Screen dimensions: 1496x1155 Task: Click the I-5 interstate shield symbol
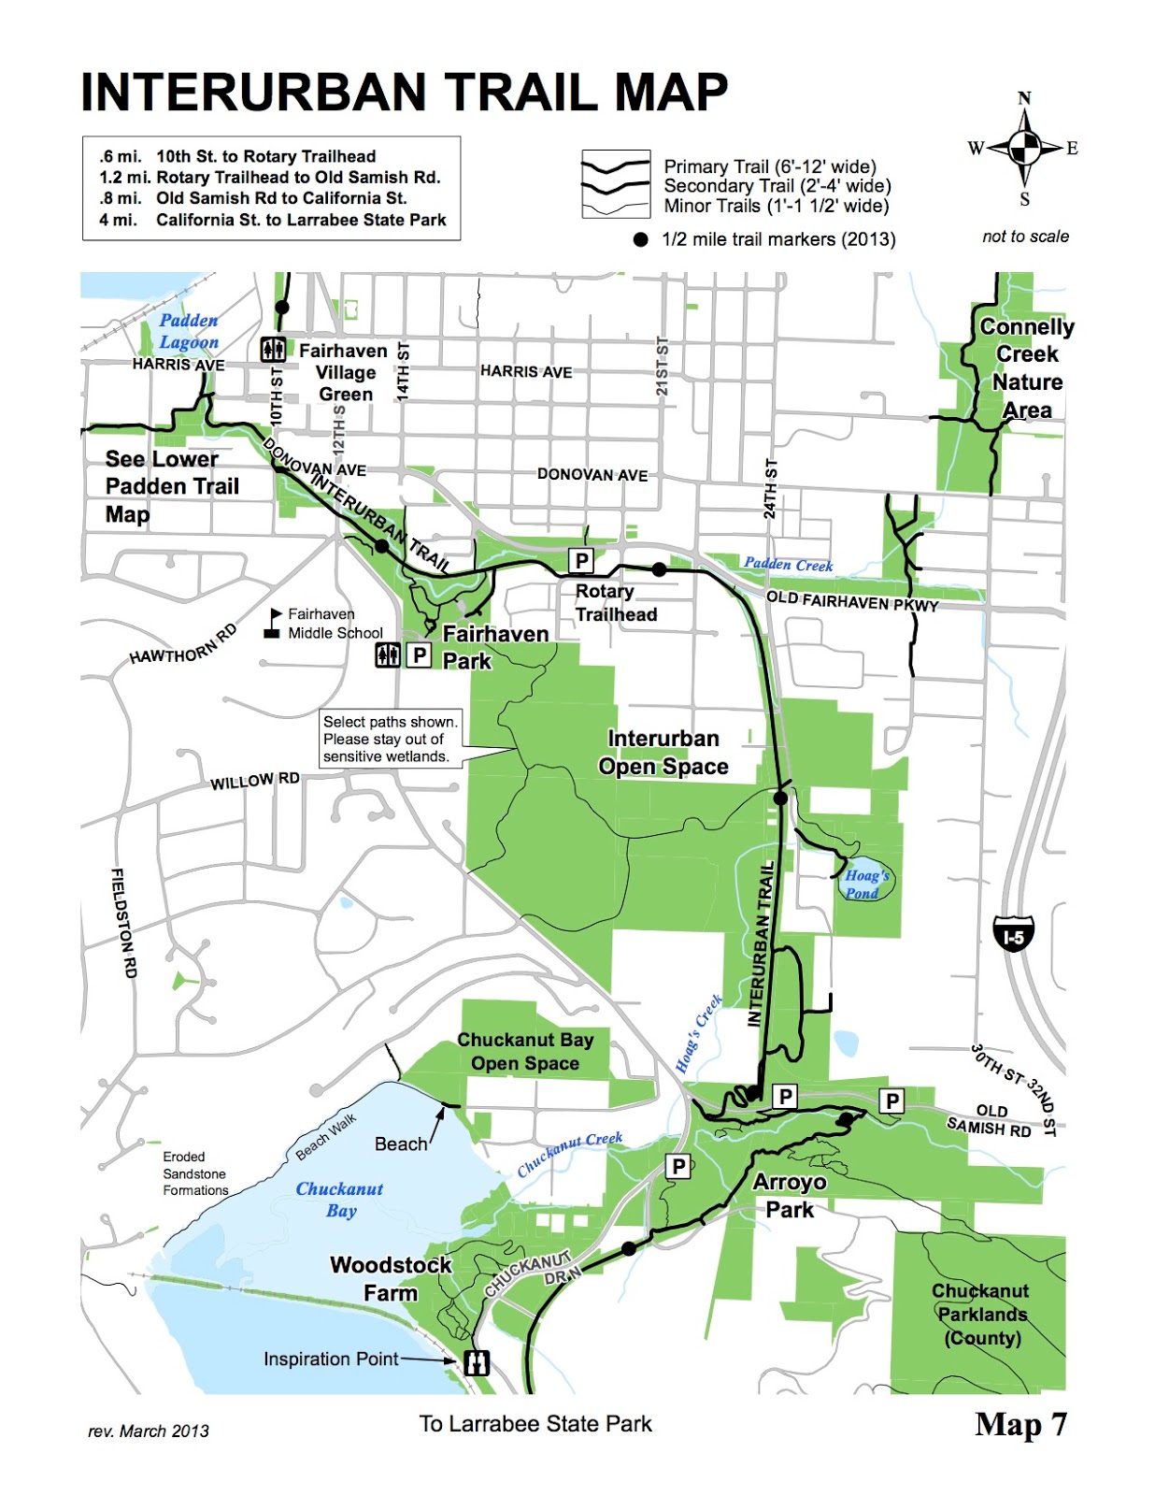click(x=1013, y=934)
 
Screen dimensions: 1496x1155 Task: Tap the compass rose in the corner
click(x=1024, y=148)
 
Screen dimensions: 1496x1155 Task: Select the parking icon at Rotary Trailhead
click(x=581, y=560)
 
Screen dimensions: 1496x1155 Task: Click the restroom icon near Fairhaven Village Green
click(x=273, y=349)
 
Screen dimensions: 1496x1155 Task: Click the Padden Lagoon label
click(x=189, y=331)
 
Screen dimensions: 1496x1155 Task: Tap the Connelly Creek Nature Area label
click(x=1027, y=367)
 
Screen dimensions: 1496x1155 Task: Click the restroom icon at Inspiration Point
click(x=478, y=1361)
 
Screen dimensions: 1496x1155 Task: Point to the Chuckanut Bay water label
click(x=340, y=1199)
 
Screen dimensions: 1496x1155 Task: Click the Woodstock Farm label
click(x=391, y=1278)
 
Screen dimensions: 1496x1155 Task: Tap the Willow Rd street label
click(x=254, y=781)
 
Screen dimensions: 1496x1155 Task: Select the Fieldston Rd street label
click(x=124, y=923)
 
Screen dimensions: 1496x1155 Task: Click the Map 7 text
click(x=1020, y=1424)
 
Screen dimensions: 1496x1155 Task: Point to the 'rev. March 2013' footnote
click(x=149, y=1431)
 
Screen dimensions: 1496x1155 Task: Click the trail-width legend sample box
click(x=615, y=184)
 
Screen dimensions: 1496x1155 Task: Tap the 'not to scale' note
click(x=1025, y=237)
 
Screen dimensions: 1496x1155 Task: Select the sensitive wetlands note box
click(x=391, y=739)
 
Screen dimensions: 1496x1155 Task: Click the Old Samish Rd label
click(x=990, y=1119)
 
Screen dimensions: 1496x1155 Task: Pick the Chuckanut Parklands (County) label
click(x=980, y=1314)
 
